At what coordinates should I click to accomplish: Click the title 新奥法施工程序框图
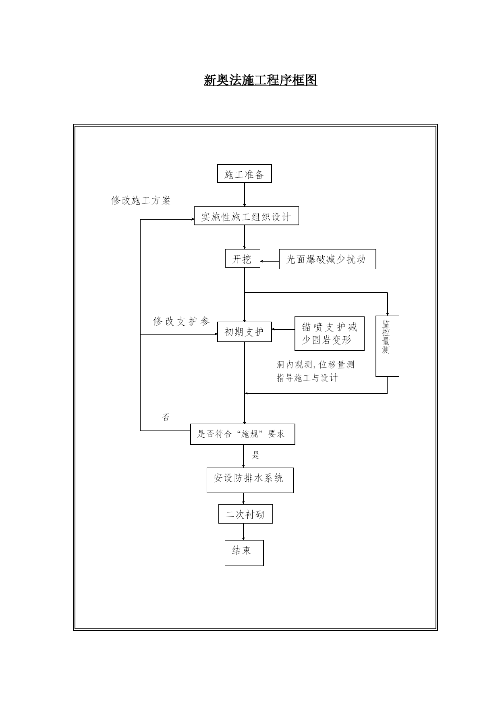point(260,80)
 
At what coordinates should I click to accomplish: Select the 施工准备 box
point(244,173)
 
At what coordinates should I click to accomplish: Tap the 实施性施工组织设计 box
point(246,216)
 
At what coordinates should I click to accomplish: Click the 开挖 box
point(243,258)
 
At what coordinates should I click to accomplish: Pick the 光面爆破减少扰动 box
point(328,259)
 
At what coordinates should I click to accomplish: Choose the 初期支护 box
point(244,332)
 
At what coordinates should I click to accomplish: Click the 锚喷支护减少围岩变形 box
point(330,334)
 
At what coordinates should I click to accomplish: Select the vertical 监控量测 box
point(387,346)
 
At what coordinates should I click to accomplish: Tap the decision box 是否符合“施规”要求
point(243,434)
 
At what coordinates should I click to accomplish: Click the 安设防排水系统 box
point(250,480)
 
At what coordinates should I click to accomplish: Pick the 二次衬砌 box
point(245,514)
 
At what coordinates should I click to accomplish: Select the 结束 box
point(244,553)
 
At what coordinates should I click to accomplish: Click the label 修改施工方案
point(141,200)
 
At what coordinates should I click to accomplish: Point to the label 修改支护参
point(181,321)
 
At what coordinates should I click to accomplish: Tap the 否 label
point(166,417)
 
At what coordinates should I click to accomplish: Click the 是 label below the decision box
point(256,455)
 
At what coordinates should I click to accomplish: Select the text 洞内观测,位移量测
point(315,365)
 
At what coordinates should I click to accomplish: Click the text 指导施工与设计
point(307,378)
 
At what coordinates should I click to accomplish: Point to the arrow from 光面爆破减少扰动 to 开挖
point(270,261)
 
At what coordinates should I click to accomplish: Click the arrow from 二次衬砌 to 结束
point(243,532)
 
